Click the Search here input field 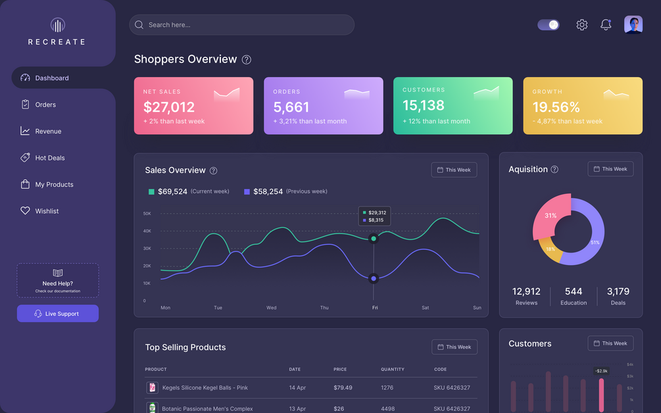(x=241, y=25)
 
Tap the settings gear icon (x=582, y=25)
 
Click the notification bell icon (x=606, y=25)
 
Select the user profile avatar (x=633, y=24)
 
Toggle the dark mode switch (x=549, y=25)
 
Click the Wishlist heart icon (x=25, y=210)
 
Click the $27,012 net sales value (x=168, y=107)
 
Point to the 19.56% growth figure (x=556, y=107)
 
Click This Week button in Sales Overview (x=454, y=170)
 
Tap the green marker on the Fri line (x=374, y=239)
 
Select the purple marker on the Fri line (x=374, y=279)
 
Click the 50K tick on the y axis (x=147, y=214)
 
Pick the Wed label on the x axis (x=272, y=308)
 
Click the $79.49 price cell (x=343, y=388)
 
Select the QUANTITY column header (x=393, y=369)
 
